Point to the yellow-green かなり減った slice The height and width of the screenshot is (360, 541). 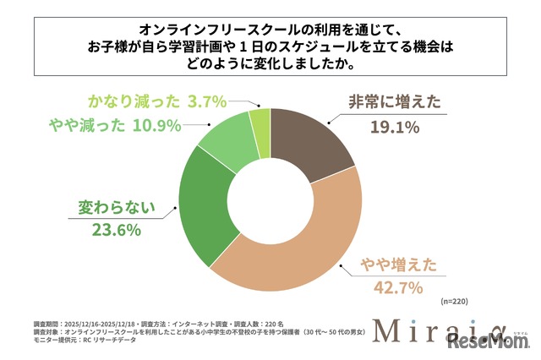[x=260, y=122]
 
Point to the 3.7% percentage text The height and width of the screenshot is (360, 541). [x=206, y=101]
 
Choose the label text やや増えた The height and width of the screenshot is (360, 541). [x=398, y=265]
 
